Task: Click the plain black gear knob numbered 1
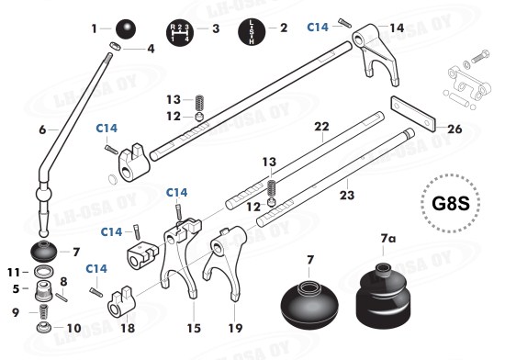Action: pyautogui.click(x=126, y=29)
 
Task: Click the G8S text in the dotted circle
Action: pyautogui.click(x=451, y=204)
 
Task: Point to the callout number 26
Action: pyautogui.click(x=454, y=129)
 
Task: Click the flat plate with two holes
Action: pyautogui.click(x=413, y=113)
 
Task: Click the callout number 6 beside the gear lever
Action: pyautogui.click(x=42, y=129)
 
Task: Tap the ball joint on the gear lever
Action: pyautogui.click(x=43, y=194)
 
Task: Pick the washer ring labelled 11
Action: pyautogui.click(x=44, y=272)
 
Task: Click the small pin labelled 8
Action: pyautogui.click(x=62, y=297)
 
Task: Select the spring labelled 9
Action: pyautogui.click(x=43, y=312)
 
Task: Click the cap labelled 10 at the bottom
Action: pyautogui.click(x=44, y=328)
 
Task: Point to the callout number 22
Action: pyautogui.click(x=321, y=127)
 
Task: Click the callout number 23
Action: pyautogui.click(x=347, y=195)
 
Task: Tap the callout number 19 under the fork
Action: pyautogui.click(x=235, y=328)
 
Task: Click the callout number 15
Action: pyautogui.click(x=194, y=328)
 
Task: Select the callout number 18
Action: pyautogui.click(x=128, y=328)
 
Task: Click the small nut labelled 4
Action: pyautogui.click(x=116, y=46)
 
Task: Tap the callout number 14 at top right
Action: pyautogui.click(x=397, y=28)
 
